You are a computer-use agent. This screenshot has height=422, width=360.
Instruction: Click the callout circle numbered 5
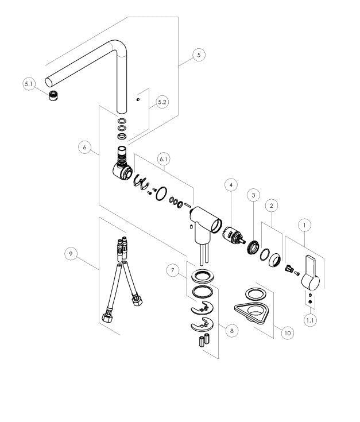coord(199,55)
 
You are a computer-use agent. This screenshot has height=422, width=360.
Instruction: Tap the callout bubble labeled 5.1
coord(29,84)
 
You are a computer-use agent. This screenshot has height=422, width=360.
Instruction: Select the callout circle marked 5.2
coord(162,102)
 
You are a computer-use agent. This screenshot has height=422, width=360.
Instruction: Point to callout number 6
coord(85,147)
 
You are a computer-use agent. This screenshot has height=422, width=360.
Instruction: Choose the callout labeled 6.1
coord(164,159)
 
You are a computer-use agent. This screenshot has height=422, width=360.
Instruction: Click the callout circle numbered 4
coord(231,185)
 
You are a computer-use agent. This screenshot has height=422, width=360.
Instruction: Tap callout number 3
coord(253,195)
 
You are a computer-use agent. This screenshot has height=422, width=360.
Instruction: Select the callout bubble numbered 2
coord(272,206)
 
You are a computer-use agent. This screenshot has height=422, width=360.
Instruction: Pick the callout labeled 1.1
coord(310,320)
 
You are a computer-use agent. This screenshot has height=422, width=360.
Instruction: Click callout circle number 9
coord(71,254)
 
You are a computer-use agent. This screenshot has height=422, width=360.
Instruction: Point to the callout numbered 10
coord(288,333)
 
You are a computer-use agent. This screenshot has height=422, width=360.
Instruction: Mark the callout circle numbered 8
coord(232,330)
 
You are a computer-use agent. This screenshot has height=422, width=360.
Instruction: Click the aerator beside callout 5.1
coord(53,96)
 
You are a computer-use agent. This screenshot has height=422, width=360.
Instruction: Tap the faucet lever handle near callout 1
coord(311,272)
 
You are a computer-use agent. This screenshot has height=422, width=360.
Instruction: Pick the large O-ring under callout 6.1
coord(161,194)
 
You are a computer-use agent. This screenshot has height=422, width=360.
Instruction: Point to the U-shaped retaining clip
coord(141,181)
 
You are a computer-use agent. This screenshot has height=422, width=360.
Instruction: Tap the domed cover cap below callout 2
coord(274,260)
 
